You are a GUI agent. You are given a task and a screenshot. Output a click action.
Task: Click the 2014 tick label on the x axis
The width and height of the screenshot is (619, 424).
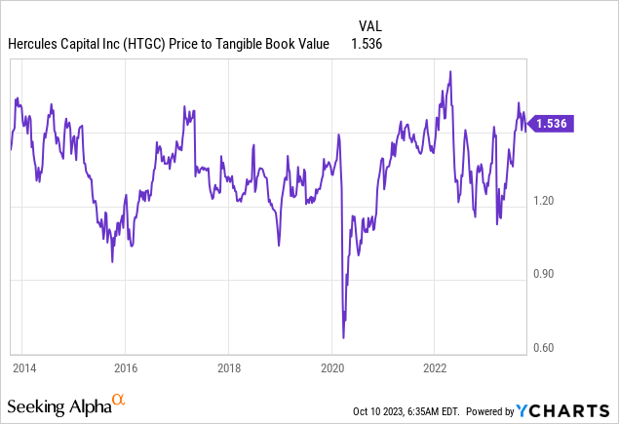(x=24, y=368)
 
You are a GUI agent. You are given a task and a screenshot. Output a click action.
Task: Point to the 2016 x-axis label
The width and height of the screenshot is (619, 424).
(x=125, y=368)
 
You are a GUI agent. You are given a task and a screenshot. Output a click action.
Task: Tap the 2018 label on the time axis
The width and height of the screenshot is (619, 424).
(x=227, y=368)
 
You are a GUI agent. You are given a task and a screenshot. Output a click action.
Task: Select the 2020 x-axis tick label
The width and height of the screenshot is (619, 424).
(x=332, y=368)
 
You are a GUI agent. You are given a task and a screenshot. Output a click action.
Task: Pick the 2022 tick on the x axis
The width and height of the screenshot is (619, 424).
(x=435, y=368)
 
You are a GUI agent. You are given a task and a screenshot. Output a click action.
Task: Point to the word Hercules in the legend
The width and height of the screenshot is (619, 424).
(x=34, y=44)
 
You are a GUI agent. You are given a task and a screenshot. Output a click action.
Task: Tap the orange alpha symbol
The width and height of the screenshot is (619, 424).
(x=119, y=400)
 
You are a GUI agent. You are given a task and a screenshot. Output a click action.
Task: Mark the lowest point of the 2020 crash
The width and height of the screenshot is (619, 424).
(x=344, y=337)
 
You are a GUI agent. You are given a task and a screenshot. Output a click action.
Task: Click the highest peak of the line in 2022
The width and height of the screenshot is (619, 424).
(x=449, y=71)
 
